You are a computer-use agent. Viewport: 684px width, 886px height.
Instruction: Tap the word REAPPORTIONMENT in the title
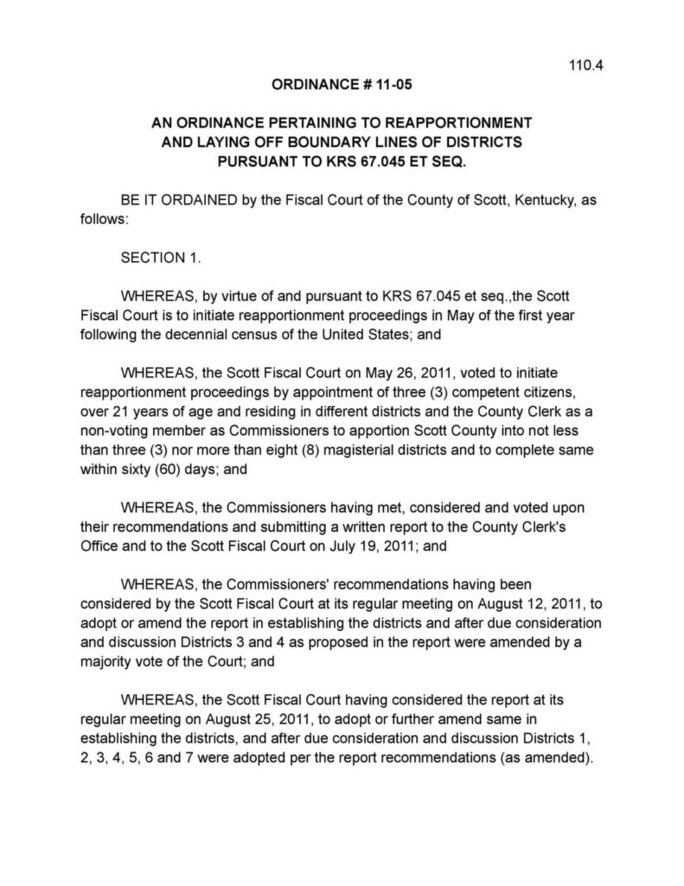point(444,123)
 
